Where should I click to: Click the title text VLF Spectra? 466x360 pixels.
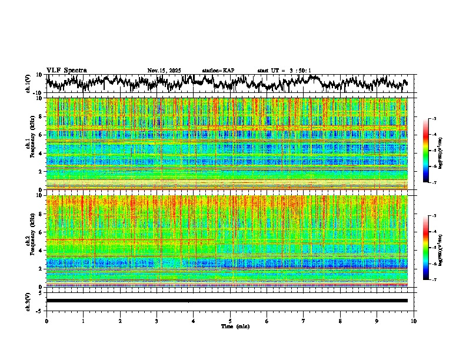point(66,70)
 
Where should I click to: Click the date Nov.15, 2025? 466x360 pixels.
point(164,71)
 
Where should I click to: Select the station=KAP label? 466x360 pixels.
point(218,71)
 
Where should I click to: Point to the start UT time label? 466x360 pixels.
point(284,71)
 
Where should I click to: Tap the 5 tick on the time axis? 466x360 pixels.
point(230,321)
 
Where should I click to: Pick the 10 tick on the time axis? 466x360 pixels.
point(414,321)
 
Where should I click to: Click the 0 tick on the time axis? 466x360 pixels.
point(46,321)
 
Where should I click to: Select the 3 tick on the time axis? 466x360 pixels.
point(157,321)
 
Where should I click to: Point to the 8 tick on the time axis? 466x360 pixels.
point(340,321)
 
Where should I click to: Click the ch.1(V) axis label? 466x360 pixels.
point(28,84)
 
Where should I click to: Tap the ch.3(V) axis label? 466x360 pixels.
point(28,300)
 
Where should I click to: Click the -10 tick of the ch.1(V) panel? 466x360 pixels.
point(36,93)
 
